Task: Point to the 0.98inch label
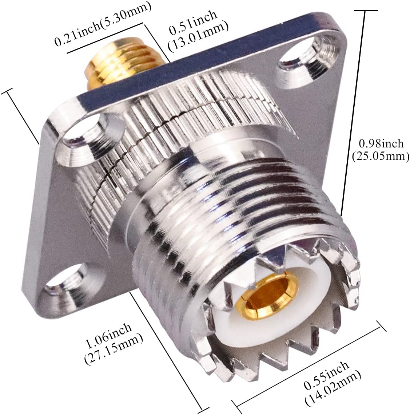[381, 143]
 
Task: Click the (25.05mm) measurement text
[381, 156]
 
